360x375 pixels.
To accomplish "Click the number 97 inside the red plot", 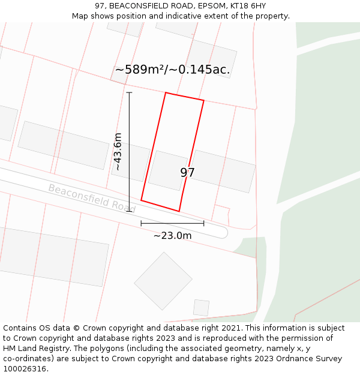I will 187,173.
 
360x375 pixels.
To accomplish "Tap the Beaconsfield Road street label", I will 92,198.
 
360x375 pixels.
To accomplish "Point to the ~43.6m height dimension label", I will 118,152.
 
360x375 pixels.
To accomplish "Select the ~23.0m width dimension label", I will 172,236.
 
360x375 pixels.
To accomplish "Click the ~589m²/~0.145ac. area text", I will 172,70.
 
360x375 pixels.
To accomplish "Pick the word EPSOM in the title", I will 205,6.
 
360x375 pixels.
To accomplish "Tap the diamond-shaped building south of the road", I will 163,280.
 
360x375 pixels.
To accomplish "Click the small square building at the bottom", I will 201,307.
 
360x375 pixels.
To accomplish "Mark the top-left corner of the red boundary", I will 166,93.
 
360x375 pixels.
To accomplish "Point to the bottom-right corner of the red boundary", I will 179,211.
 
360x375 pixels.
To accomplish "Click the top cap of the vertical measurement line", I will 129,92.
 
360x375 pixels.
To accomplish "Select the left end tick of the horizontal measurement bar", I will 141,223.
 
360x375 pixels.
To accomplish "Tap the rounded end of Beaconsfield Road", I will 223,232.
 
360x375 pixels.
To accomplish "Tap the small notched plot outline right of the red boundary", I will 222,214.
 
